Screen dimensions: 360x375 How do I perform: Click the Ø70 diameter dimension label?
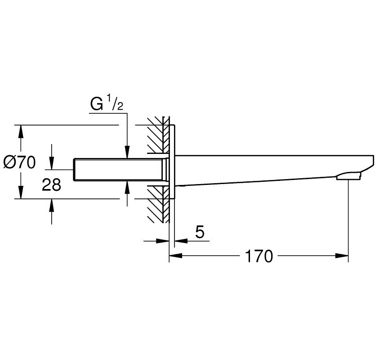click(x=19, y=162)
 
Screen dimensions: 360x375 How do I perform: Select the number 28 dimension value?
click(x=51, y=184)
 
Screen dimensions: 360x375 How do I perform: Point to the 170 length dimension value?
click(x=259, y=256)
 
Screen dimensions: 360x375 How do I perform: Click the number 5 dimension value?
click(x=200, y=232)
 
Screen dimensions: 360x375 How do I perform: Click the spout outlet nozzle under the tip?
click(x=348, y=175)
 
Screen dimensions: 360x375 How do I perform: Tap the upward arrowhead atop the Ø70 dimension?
click(x=20, y=130)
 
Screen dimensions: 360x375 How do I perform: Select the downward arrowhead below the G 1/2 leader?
click(x=128, y=153)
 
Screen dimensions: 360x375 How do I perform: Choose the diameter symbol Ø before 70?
click(x=9, y=162)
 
